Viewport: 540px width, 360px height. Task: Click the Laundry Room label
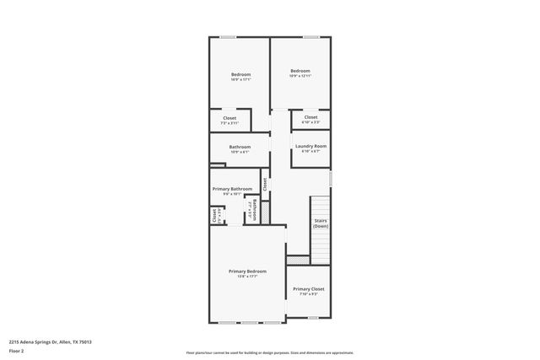pos(310,146)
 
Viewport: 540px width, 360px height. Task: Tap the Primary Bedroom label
pos(247,271)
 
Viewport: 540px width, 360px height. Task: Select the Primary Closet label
pos(309,289)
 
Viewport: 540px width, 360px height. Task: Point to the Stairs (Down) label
pos(321,223)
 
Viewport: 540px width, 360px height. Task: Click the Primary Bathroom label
pos(233,189)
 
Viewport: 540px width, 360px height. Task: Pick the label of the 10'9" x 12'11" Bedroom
pos(300,71)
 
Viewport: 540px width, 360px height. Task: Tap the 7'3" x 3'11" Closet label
pos(229,118)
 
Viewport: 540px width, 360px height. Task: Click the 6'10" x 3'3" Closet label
pos(310,117)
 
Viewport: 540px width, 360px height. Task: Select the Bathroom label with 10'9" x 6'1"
pos(240,148)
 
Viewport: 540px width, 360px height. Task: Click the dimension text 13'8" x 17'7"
pos(247,277)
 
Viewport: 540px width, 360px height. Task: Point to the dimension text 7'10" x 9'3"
pos(309,294)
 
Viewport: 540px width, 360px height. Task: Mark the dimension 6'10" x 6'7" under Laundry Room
pos(310,152)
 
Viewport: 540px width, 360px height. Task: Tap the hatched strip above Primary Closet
pos(297,259)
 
